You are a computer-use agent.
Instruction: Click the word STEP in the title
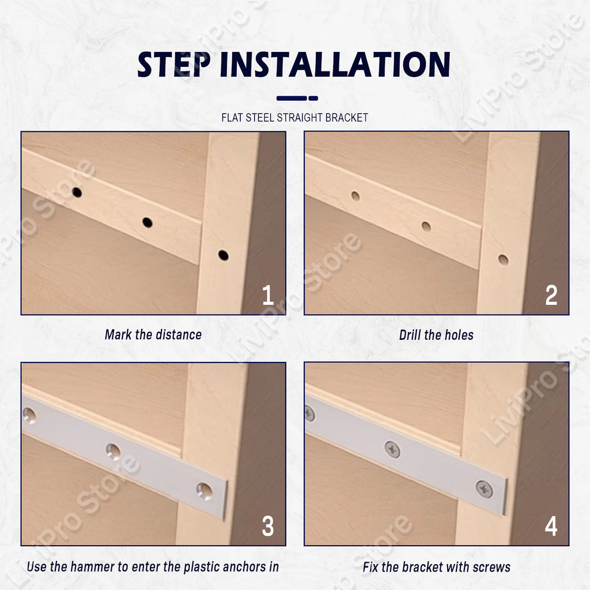point(173,65)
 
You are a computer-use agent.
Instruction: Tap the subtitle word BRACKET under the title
point(346,118)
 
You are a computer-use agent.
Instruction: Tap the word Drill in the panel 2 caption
point(410,335)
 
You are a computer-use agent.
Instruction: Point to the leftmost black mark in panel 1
point(77,192)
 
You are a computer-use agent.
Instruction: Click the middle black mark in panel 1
point(147,222)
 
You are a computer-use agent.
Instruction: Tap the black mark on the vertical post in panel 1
point(223,255)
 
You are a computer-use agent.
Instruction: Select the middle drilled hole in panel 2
point(426,226)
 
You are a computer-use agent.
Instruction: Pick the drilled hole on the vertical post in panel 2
point(503,260)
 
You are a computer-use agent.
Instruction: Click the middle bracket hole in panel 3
point(113,451)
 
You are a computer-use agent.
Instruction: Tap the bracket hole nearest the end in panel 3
point(205,491)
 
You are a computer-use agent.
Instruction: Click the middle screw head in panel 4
point(392,449)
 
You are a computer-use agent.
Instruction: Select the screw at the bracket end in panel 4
point(484,489)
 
